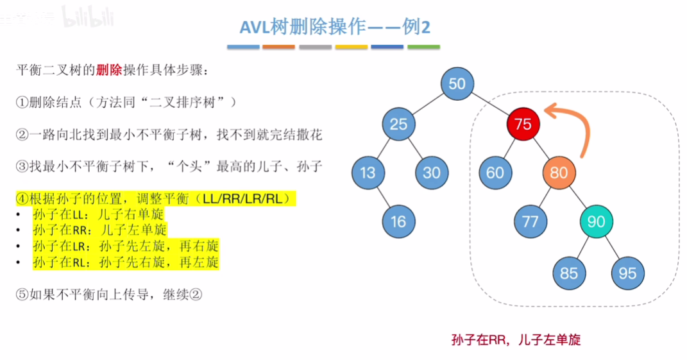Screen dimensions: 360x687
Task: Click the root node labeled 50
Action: [457, 84]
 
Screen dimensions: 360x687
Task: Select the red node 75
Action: [523, 124]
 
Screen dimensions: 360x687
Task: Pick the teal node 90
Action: [596, 222]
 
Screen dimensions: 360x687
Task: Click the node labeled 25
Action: [398, 124]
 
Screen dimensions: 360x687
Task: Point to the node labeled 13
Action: [368, 172]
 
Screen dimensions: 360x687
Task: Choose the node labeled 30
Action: [432, 172]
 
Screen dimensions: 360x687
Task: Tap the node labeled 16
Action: [398, 222]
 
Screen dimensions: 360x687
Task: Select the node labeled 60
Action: [495, 172]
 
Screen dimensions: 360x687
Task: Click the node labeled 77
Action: [530, 222]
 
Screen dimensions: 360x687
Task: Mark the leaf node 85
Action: [568, 273]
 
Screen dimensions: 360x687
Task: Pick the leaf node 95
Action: [627, 273]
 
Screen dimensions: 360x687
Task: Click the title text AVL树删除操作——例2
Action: [335, 28]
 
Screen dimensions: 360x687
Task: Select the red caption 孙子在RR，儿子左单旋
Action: [516, 339]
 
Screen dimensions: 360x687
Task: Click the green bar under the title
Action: [423, 47]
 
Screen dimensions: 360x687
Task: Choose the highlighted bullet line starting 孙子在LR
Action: [126, 246]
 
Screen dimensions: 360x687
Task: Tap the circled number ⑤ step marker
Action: [22, 295]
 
